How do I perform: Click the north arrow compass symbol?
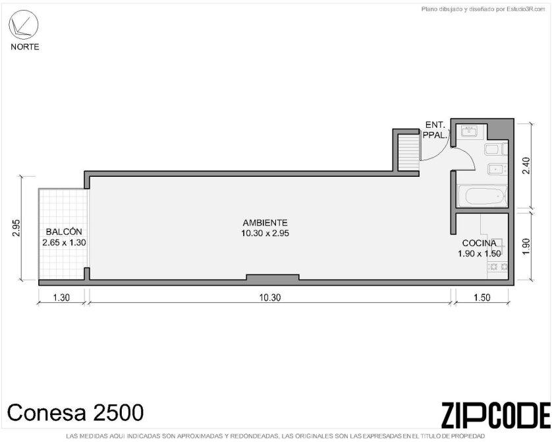[x=24, y=24]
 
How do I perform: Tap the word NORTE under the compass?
[x=25, y=47]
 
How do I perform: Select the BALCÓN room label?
[x=64, y=232]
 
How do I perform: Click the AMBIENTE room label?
[x=265, y=223]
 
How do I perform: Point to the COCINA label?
[x=479, y=243]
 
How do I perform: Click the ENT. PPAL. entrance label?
[x=435, y=130]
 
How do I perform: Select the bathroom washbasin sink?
[x=469, y=131]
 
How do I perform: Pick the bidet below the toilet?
[x=497, y=170]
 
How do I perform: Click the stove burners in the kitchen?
[x=497, y=267]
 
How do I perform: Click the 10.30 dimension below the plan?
[x=270, y=298]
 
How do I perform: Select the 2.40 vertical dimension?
[x=526, y=166]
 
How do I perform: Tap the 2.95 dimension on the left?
[x=16, y=228]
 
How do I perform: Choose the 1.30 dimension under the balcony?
[x=61, y=298]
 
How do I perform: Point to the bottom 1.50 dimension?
[x=482, y=298]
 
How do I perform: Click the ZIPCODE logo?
[x=495, y=415]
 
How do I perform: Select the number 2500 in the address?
[x=118, y=412]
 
